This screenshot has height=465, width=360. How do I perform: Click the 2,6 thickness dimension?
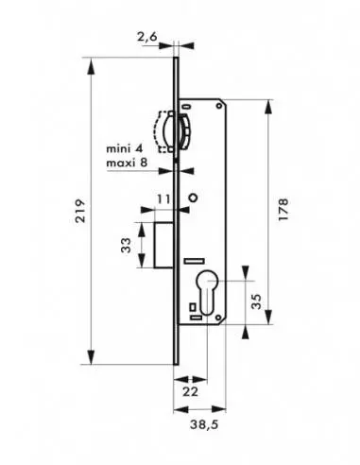[x=146, y=37]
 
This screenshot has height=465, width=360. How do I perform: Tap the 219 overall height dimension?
[x=80, y=211]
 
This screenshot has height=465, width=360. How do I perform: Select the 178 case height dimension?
[x=283, y=209]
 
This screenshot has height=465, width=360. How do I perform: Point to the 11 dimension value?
[x=163, y=199]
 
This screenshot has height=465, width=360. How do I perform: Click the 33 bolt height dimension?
[x=126, y=245]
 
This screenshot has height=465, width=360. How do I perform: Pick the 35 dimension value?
[x=257, y=301]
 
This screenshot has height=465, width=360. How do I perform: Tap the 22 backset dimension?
[x=191, y=391]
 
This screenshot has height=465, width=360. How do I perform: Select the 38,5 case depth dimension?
[x=204, y=424]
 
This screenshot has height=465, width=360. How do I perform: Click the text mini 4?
[x=125, y=148]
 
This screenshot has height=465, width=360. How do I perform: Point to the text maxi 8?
[x=127, y=163]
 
